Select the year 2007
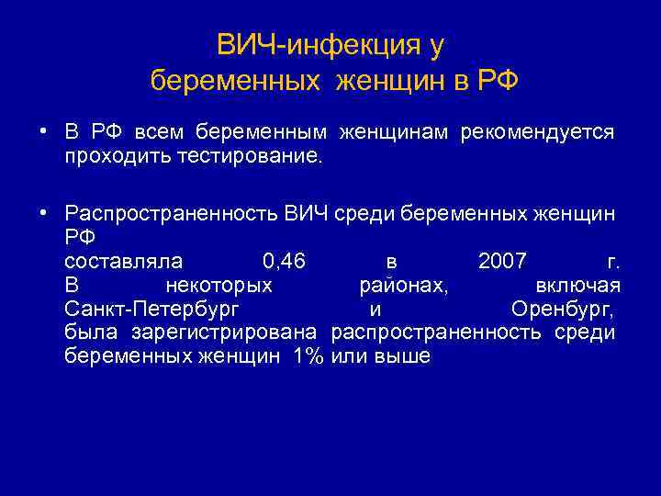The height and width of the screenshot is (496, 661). (502, 261)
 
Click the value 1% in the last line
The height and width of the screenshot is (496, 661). (305, 356)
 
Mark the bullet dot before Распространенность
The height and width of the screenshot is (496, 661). (43, 213)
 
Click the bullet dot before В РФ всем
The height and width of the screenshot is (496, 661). (43, 132)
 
